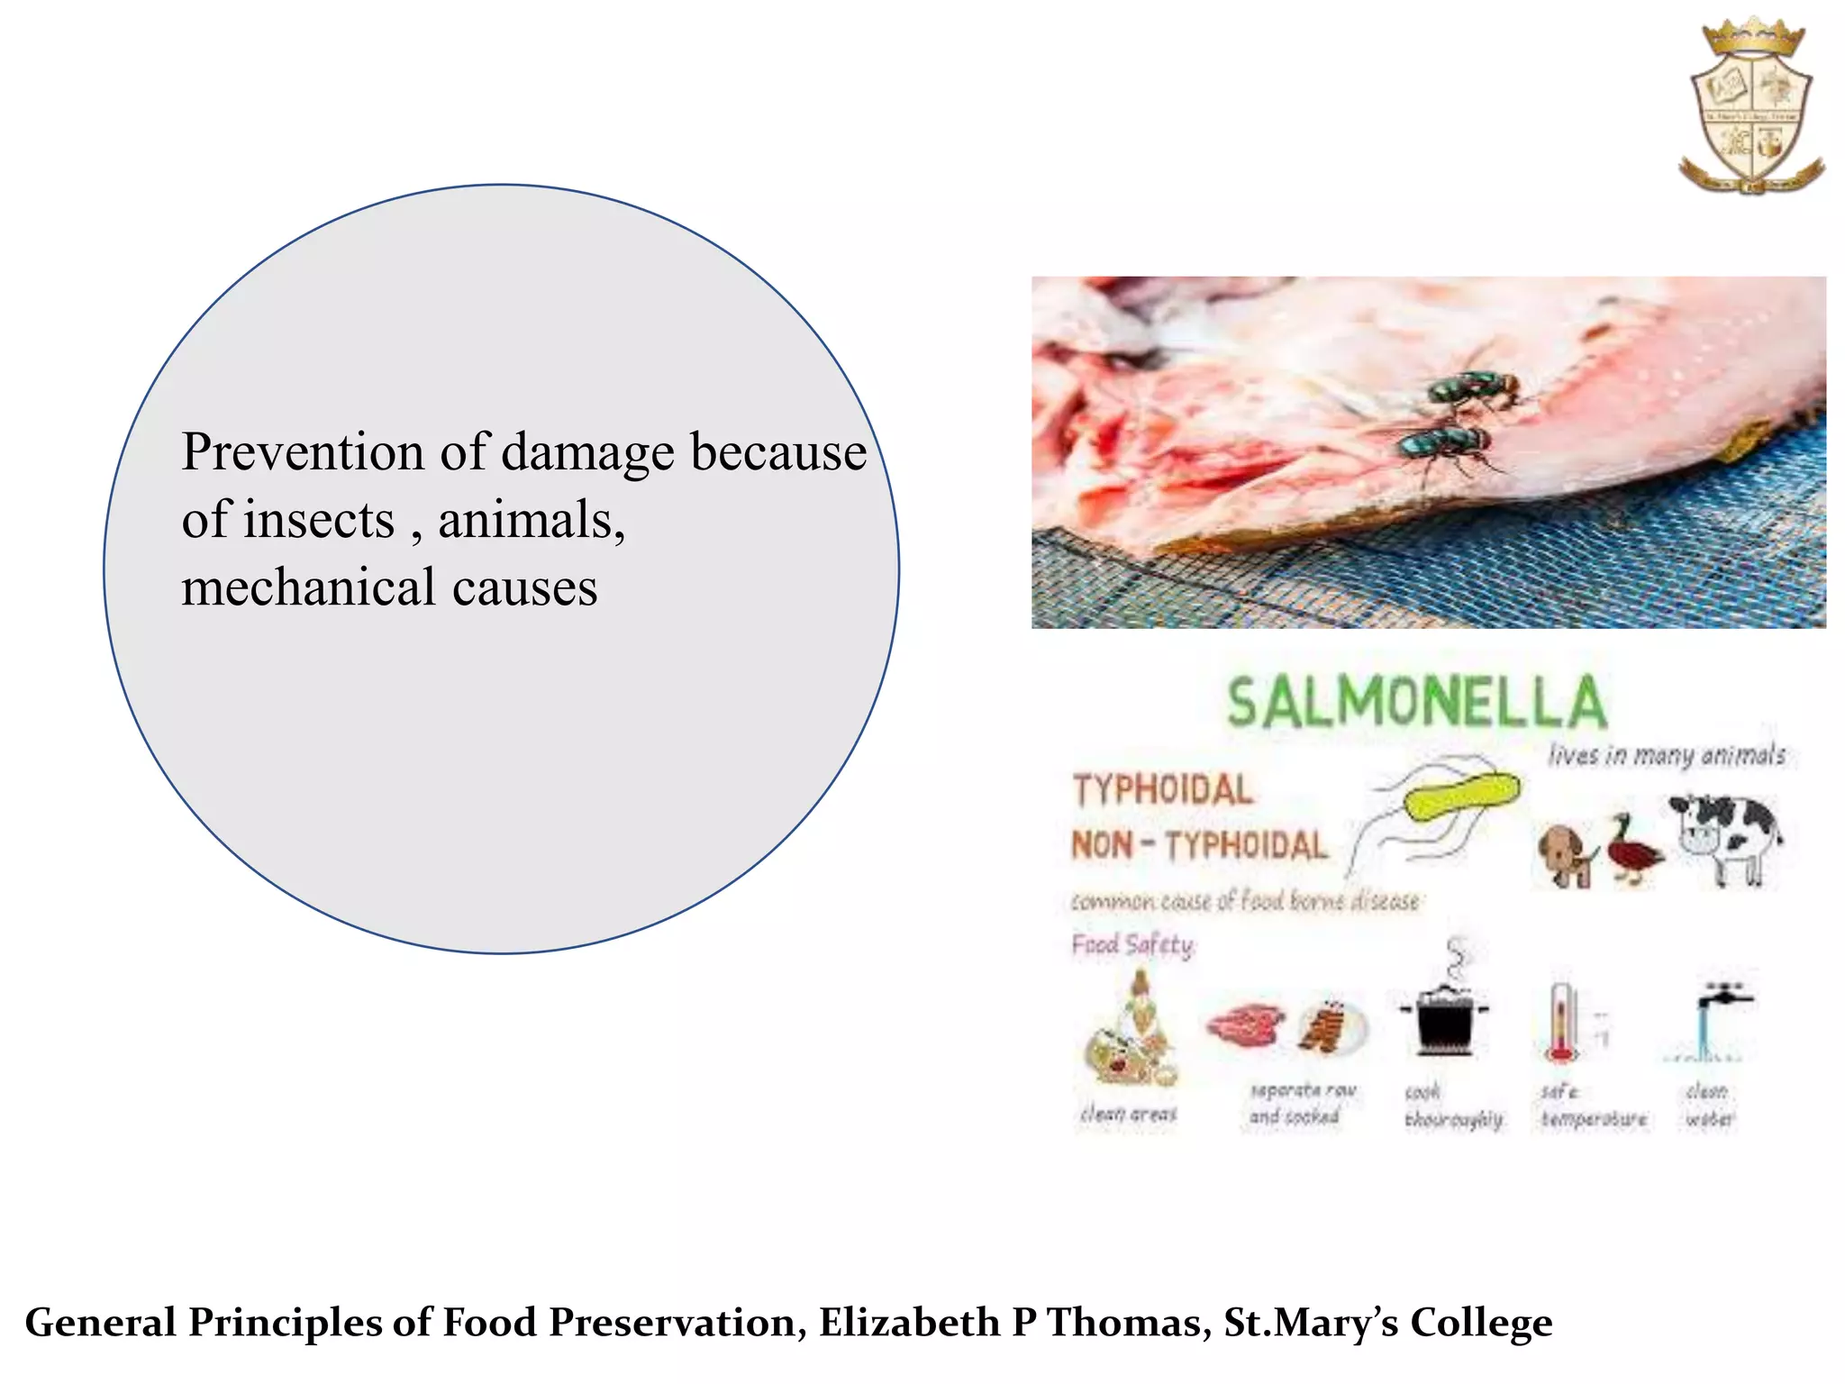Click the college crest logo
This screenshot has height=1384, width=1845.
(1751, 106)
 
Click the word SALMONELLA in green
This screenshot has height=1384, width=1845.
(1416, 703)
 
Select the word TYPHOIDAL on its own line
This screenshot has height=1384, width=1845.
(1162, 790)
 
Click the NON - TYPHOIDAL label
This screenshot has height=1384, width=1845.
(1199, 845)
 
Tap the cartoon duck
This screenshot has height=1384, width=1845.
(1631, 851)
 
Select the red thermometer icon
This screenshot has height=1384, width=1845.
(1560, 1023)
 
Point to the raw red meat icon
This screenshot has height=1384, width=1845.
(1245, 1023)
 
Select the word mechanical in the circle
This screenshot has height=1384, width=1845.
(308, 588)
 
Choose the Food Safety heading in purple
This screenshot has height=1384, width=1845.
(1132, 944)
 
